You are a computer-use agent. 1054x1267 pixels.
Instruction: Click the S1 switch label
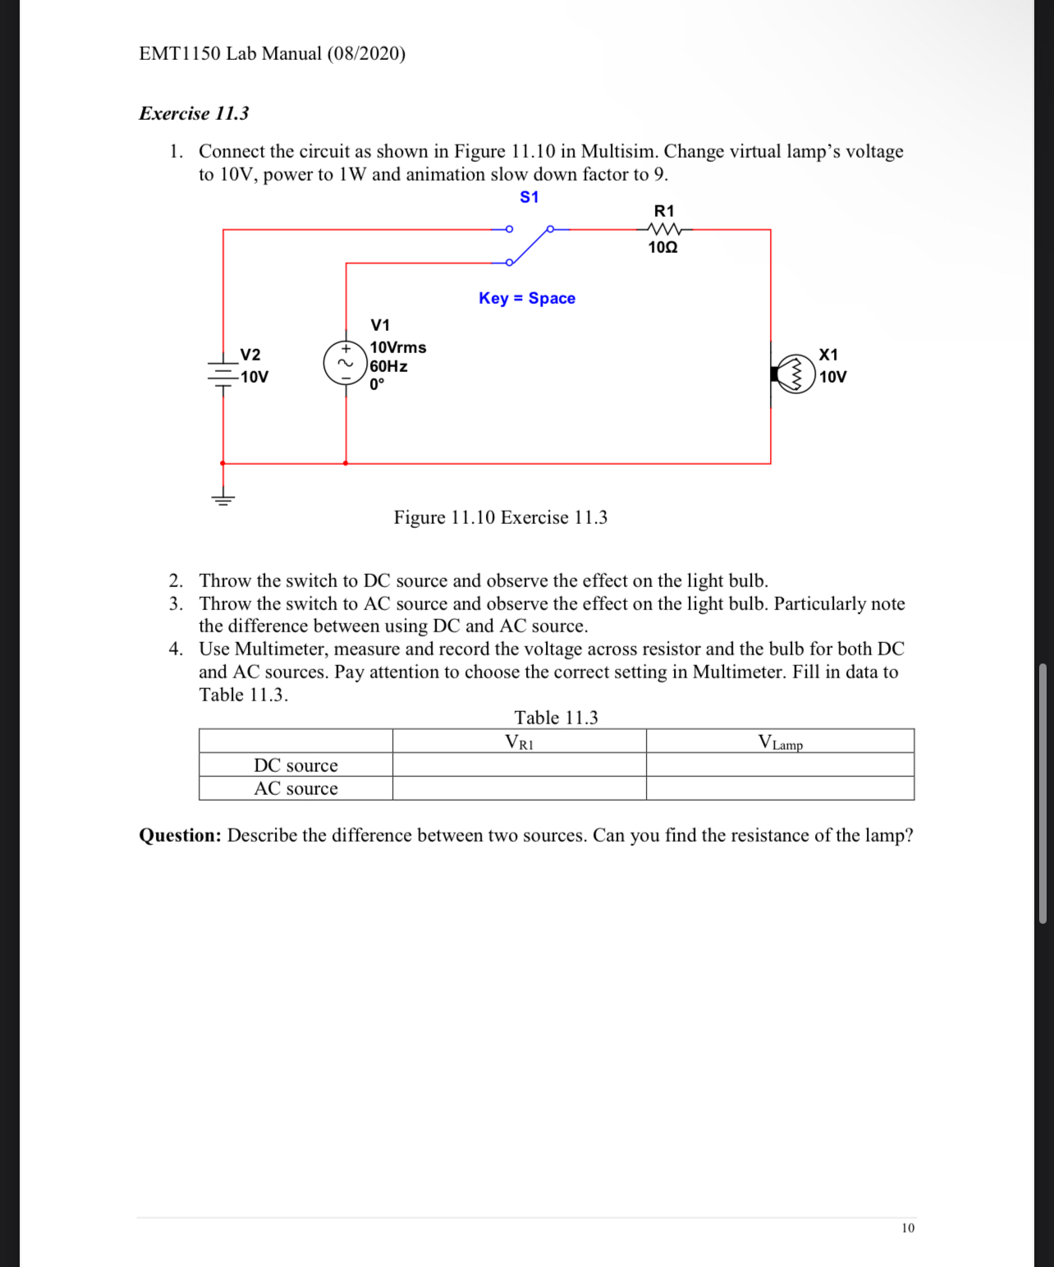coord(529,197)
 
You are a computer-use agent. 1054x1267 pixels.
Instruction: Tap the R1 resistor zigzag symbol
coord(664,229)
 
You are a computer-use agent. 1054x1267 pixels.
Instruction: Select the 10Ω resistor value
coord(662,247)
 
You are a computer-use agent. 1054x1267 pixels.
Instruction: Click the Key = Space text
coord(527,298)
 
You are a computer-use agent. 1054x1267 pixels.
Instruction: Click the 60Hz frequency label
coord(388,366)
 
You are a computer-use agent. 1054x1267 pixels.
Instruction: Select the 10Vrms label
coord(398,347)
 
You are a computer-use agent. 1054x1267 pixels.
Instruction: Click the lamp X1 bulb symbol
coord(795,374)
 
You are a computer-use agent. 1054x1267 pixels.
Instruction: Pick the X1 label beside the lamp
coord(828,355)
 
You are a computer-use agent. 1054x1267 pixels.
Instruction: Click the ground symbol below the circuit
coord(222,498)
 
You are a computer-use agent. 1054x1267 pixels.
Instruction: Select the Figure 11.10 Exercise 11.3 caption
coord(500,517)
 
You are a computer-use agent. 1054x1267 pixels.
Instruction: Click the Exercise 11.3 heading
coord(194,113)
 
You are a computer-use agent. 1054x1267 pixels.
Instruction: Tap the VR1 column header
coord(519,742)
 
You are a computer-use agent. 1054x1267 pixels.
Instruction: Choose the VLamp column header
coord(780,742)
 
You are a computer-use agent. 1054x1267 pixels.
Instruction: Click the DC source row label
coord(296,765)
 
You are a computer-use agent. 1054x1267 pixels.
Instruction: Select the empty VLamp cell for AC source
coord(780,788)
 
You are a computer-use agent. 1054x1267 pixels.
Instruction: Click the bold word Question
coord(180,835)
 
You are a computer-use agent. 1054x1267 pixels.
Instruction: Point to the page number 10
coord(907,1228)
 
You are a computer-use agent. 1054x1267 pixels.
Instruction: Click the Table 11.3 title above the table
coord(556,718)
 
